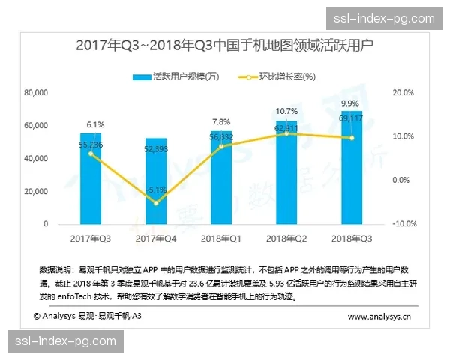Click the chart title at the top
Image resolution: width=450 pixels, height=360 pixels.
[x=225, y=46]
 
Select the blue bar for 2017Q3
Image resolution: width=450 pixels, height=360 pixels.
[x=91, y=180]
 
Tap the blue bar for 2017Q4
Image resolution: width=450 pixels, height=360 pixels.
[x=156, y=184]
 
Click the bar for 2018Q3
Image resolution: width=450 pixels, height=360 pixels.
[x=351, y=169]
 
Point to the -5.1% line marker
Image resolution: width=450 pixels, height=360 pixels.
[x=156, y=202]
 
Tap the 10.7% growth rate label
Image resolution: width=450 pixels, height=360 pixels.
[x=286, y=111]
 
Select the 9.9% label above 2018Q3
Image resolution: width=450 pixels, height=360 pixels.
[x=349, y=103]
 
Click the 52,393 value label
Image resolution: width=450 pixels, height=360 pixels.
[x=157, y=148]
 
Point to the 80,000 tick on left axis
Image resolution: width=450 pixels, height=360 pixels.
[x=36, y=93]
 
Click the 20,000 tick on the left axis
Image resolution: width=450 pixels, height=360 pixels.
[x=36, y=191]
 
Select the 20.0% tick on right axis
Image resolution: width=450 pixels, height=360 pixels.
[x=403, y=93]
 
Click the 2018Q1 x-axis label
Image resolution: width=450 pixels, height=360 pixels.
[x=220, y=238]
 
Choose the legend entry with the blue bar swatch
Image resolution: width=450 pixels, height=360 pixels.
[x=169, y=76]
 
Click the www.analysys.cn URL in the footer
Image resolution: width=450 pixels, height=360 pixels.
[x=379, y=317]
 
